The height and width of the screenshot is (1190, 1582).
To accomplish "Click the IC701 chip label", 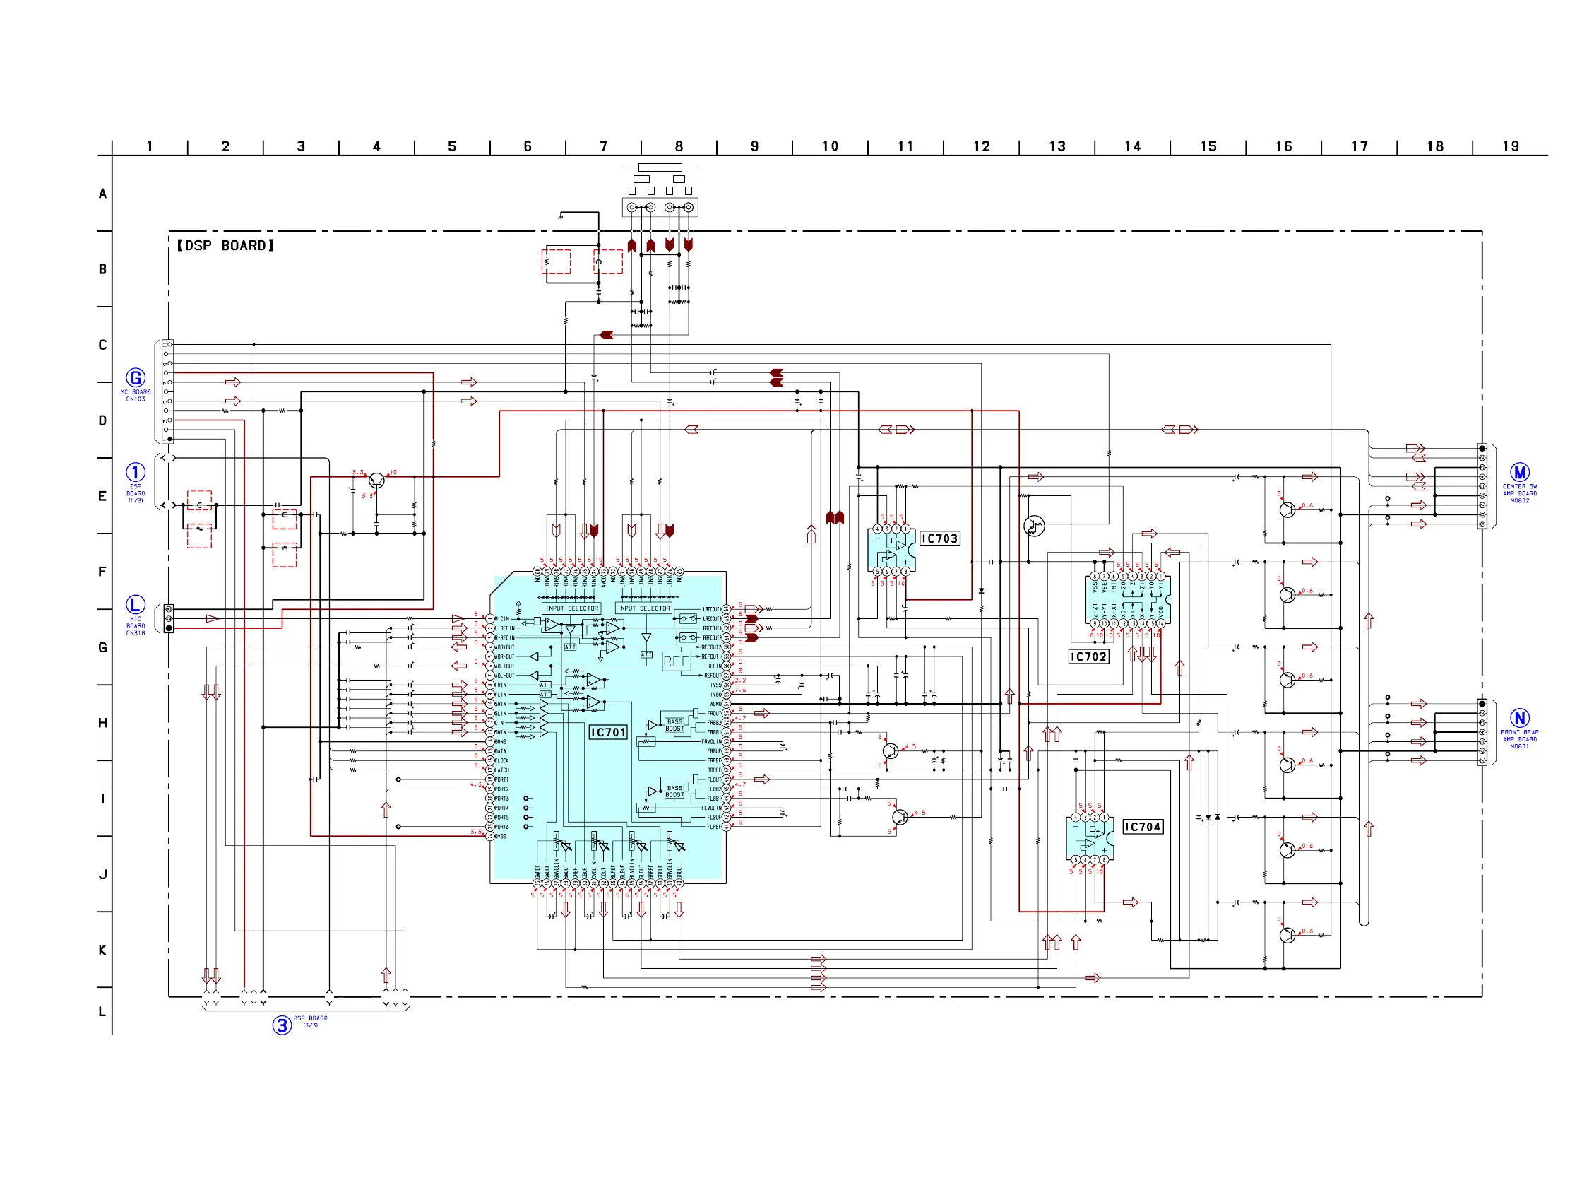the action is [x=607, y=732].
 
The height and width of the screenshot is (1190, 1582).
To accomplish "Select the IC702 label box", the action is [x=1088, y=656].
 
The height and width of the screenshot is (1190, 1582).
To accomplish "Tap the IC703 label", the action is [x=939, y=538].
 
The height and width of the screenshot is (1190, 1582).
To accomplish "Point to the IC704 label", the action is [x=1142, y=827].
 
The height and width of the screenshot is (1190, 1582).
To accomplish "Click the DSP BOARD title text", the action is [x=225, y=245].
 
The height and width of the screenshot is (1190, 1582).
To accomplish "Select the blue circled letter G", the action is [x=135, y=378].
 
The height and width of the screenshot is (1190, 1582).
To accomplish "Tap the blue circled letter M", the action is [x=1519, y=472].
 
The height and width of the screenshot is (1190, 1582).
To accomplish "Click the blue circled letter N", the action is [x=1519, y=718].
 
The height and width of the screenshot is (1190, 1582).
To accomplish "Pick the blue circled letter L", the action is [x=135, y=605].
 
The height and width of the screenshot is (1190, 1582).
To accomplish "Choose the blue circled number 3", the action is [x=282, y=1025].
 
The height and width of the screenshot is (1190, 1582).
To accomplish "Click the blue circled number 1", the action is [x=135, y=472].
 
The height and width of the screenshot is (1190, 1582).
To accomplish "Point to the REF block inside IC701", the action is [x=676, y=661].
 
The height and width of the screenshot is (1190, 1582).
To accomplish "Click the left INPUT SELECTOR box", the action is [x=571, y=608].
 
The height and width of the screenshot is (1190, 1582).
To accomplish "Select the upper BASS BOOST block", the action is [x=674, y=725].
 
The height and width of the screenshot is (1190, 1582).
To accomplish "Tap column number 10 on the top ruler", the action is [x=830, y=146].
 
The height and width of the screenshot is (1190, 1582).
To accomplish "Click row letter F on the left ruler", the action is [x=102, y=572].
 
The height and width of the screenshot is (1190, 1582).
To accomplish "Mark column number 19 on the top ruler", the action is [x=1510, y=146].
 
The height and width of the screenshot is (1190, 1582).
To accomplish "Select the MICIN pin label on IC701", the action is [x=502, y=619].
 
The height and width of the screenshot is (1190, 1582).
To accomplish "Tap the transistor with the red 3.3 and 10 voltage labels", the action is [x=376, y=481].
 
